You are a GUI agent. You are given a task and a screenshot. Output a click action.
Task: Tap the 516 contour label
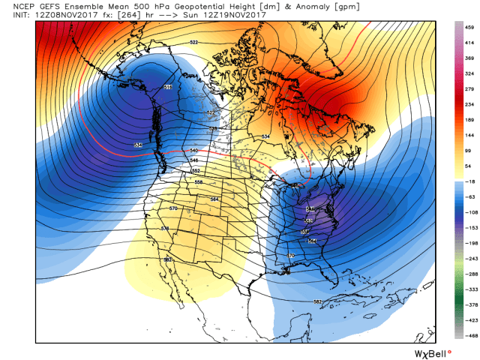[167, 88]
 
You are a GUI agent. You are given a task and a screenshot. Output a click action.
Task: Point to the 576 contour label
[166, 228]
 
